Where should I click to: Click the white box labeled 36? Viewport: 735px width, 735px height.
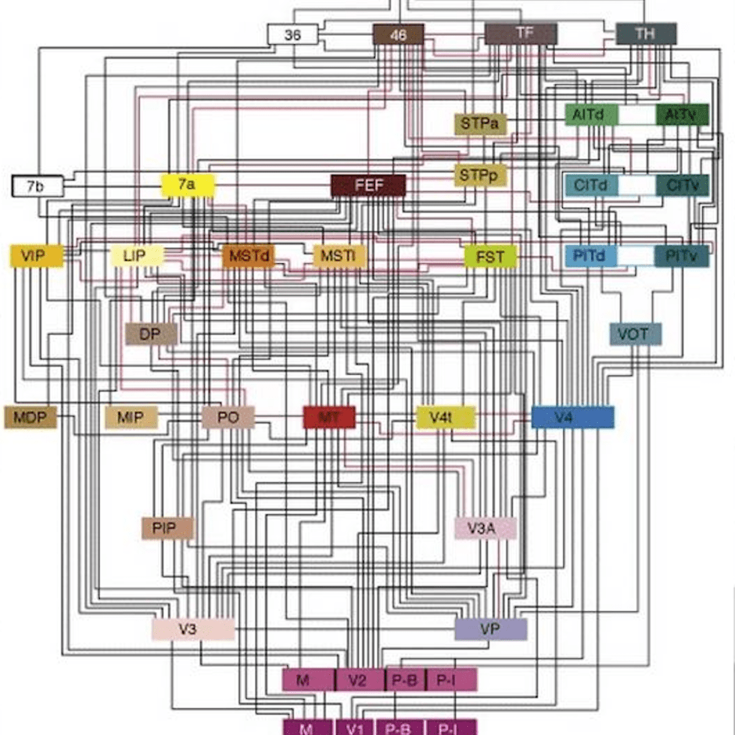coord(293,34)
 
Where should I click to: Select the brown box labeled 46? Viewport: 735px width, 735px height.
coord(398,34)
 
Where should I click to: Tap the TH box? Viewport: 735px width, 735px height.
coord(646,34)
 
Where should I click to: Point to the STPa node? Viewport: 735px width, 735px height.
coord(480,124)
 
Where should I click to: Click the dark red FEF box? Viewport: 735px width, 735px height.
coord(368,186)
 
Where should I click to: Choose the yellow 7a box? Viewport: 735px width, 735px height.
coord(187,184)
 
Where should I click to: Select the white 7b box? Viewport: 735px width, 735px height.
coord(37,186)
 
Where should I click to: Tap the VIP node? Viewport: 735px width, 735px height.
coord(33,256)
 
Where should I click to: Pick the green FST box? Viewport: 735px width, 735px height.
coord(490,256)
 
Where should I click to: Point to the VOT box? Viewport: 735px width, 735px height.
coord(635,334)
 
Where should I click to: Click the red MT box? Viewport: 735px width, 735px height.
coord(328,417)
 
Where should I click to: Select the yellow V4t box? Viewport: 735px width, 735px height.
coord(445,417)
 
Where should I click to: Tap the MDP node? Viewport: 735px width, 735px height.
coord(30,417)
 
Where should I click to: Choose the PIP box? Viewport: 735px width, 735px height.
coord(168,528)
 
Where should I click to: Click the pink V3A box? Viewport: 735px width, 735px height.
coord(485,528)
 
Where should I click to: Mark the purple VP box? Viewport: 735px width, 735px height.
coord(490,628)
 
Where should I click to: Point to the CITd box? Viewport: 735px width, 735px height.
coord(591,185)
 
